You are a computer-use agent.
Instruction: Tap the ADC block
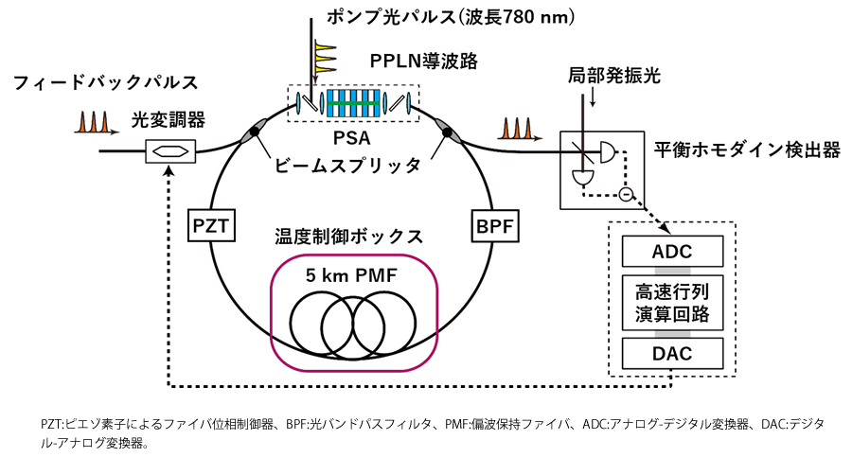(671, 253)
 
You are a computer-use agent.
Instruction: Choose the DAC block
(671, 354)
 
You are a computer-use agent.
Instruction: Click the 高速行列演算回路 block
(671, 303)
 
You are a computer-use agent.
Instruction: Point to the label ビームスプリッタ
(347, 166)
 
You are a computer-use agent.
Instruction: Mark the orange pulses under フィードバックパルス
(92, 123)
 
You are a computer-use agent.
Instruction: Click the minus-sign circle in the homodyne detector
(624, 196)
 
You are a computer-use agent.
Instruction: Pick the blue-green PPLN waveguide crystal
(353, 101)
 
